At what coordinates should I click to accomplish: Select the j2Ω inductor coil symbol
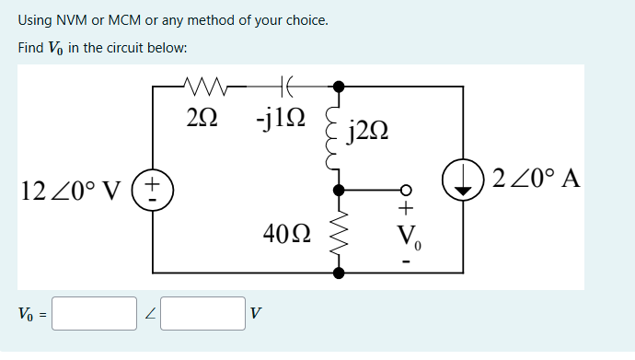pos(333,138)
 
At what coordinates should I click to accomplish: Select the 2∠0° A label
pos(536,178)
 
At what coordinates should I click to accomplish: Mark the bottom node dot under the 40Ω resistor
pos(339,273)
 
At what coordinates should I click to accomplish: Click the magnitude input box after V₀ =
pos(94,313)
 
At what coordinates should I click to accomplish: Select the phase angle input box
pos(202,313)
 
